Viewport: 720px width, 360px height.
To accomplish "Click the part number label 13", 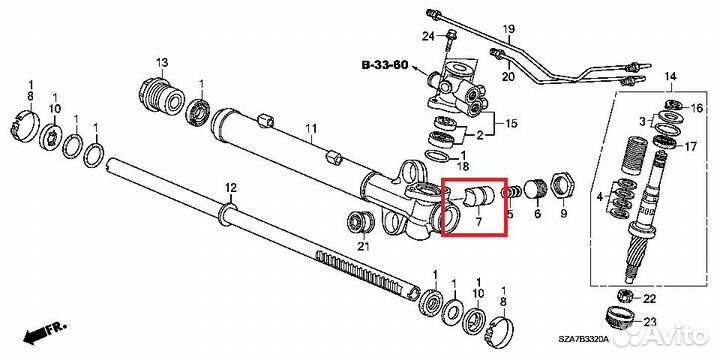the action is (x=163, y=62).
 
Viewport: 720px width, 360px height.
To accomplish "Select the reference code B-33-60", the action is (x=385, y=65).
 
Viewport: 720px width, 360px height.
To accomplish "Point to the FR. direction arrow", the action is (x=45, y=332).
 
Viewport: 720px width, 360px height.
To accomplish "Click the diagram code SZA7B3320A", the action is (x=583, y=339).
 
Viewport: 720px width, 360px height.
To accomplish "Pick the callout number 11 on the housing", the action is (x=311, y=128).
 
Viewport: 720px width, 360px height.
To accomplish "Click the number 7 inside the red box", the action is (x=478, y=222).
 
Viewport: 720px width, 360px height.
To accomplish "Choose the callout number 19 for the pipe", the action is (x=508, y=30).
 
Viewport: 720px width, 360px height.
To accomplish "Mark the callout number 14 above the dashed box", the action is (x=670, y=76).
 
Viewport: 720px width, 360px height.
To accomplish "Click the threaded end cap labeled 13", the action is (x=161, y=96).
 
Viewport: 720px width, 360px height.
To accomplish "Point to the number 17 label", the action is (x=690, y=147).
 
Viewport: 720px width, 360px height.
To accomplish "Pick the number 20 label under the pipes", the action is (x=508, y=77).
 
